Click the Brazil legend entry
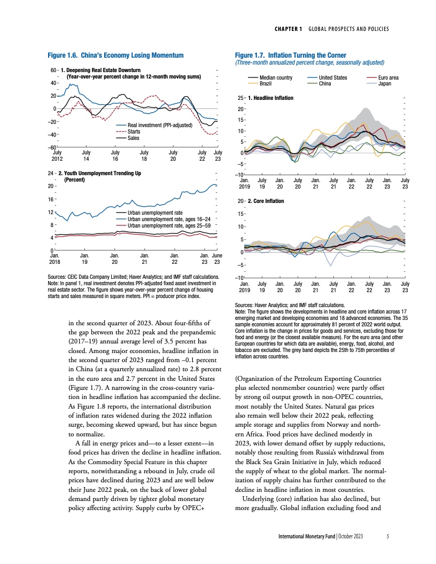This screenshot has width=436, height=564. point(267,84)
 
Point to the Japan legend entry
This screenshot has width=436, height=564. point(384,84)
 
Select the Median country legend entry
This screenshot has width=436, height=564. point(276,78)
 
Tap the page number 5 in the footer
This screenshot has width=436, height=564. point(388,537)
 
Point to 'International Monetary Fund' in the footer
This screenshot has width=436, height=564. point(302,537)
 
